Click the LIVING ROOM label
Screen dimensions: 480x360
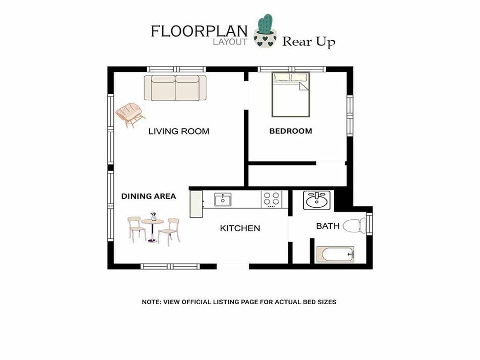(179, 131)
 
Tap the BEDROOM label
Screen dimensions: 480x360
(291, 131)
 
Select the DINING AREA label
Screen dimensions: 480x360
(149, 196)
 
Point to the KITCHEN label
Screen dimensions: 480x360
(240, 228)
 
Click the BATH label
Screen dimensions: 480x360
(328, 226)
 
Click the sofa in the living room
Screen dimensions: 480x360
(175, 88)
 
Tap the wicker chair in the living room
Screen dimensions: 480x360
(130, 114)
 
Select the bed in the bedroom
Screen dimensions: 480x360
(291, 95)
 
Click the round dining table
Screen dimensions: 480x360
(152, 230)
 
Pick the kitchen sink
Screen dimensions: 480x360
(223, 200)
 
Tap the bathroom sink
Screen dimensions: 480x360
(317, 201)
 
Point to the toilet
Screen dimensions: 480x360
(354, 225)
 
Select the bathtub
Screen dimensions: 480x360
(335, 255)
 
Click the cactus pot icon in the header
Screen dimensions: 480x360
(265, 30)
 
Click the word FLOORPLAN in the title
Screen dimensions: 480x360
(199, 31)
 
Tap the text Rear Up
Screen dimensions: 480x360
(308, 42)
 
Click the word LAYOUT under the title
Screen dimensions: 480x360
(230, 42)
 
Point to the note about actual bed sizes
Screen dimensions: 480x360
(239, 302)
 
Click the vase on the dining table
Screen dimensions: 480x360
(153, 217)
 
